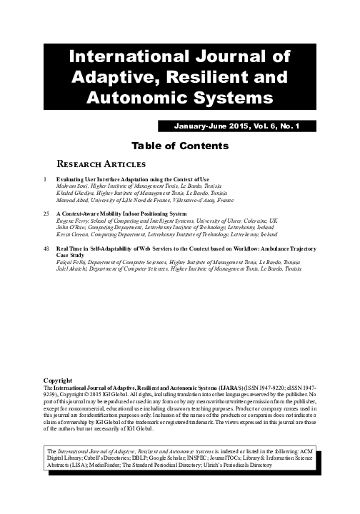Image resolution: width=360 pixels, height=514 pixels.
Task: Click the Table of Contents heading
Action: coord(180,146)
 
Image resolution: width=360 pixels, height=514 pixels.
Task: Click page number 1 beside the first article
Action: coord(46,178)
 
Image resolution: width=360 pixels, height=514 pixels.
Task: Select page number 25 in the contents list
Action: coord(47,213)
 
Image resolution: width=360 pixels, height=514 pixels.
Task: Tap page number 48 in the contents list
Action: coord(47,248)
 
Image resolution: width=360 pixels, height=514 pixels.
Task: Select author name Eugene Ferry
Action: coord(72,221)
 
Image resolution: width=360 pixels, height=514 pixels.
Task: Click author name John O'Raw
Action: coord(69,227)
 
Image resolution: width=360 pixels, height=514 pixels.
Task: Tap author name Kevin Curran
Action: coord(71,233)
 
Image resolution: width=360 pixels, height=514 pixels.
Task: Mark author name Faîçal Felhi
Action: coord(70,262)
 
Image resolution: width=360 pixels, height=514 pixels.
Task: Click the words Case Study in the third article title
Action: coord(70,255)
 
